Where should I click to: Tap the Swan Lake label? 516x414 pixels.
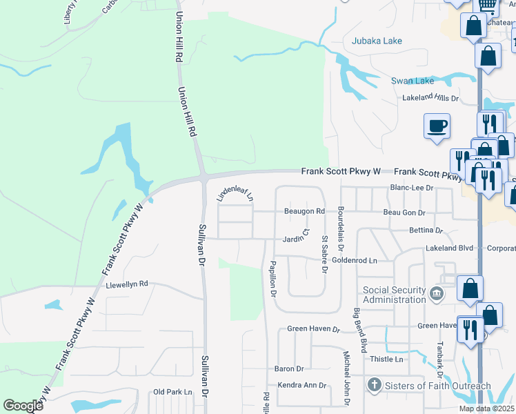click(x=413, y=81)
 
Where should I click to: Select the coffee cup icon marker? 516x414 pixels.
click(x=437, y=126)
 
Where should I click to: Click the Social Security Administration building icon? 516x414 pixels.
click(x=436, y=295)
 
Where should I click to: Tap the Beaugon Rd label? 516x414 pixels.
click(x=304, y=211)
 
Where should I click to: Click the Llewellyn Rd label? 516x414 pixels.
click(x=127, y=284)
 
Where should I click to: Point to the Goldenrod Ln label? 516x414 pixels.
click(x=355, y=260)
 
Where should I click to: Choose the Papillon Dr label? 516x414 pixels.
click(x=273, y=280)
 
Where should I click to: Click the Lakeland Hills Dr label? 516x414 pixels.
click(x=440, y=98)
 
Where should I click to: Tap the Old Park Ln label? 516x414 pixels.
click(x=172, y=392)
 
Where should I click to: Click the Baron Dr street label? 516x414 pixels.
click(x=289, y=369)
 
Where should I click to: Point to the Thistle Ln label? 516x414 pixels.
click(x=386, y=359)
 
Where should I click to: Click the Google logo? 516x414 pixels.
click(x=23, y=406)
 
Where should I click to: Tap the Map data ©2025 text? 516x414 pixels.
click(x=486, y=408)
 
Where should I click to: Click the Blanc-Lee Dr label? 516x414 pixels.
click(x=411, y=187)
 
